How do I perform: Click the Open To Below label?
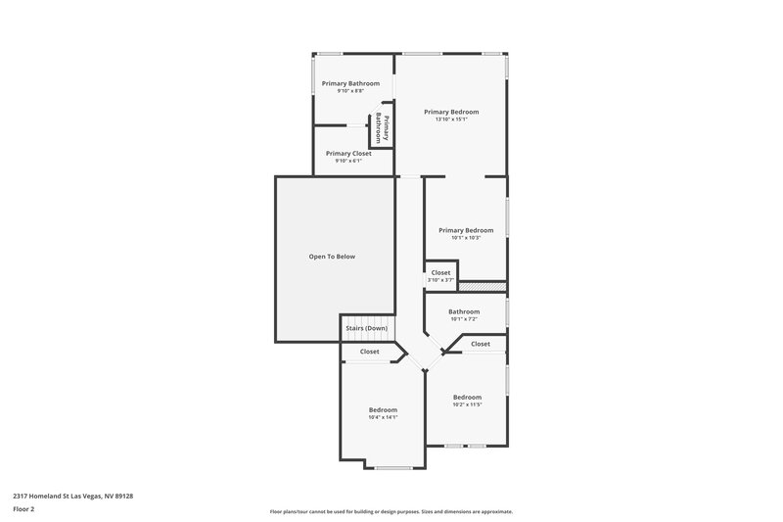click(332, 257)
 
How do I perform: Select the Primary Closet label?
click(348, 153)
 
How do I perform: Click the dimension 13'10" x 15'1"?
click(451, 119)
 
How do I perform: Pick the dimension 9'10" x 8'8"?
click(350, 91)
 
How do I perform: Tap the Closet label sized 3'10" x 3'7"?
click(441, 272)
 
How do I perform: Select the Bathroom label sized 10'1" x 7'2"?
click(465, 311)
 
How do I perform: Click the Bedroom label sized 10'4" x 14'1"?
click(383, 409)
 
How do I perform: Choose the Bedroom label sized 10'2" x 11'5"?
click(467, 397)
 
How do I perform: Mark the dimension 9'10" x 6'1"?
click(348, 161)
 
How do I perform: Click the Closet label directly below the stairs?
click(370, 352)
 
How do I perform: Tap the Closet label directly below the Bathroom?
click(481, 344)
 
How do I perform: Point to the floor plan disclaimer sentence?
click(391, 511)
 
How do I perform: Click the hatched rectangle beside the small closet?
click(482, 286)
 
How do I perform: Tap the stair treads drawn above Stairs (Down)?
click(365, 318)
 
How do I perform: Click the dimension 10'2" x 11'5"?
click(467, 404)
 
